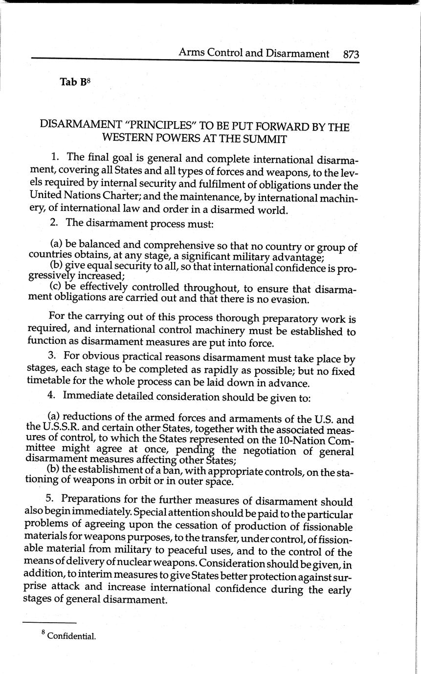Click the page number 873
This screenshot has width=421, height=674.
[x=351, y=54]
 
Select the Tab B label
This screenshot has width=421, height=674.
[x=75, y=82]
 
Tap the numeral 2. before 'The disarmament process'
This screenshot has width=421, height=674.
[x=54, y=223]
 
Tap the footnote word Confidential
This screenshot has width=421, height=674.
[x=71, y=636]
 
